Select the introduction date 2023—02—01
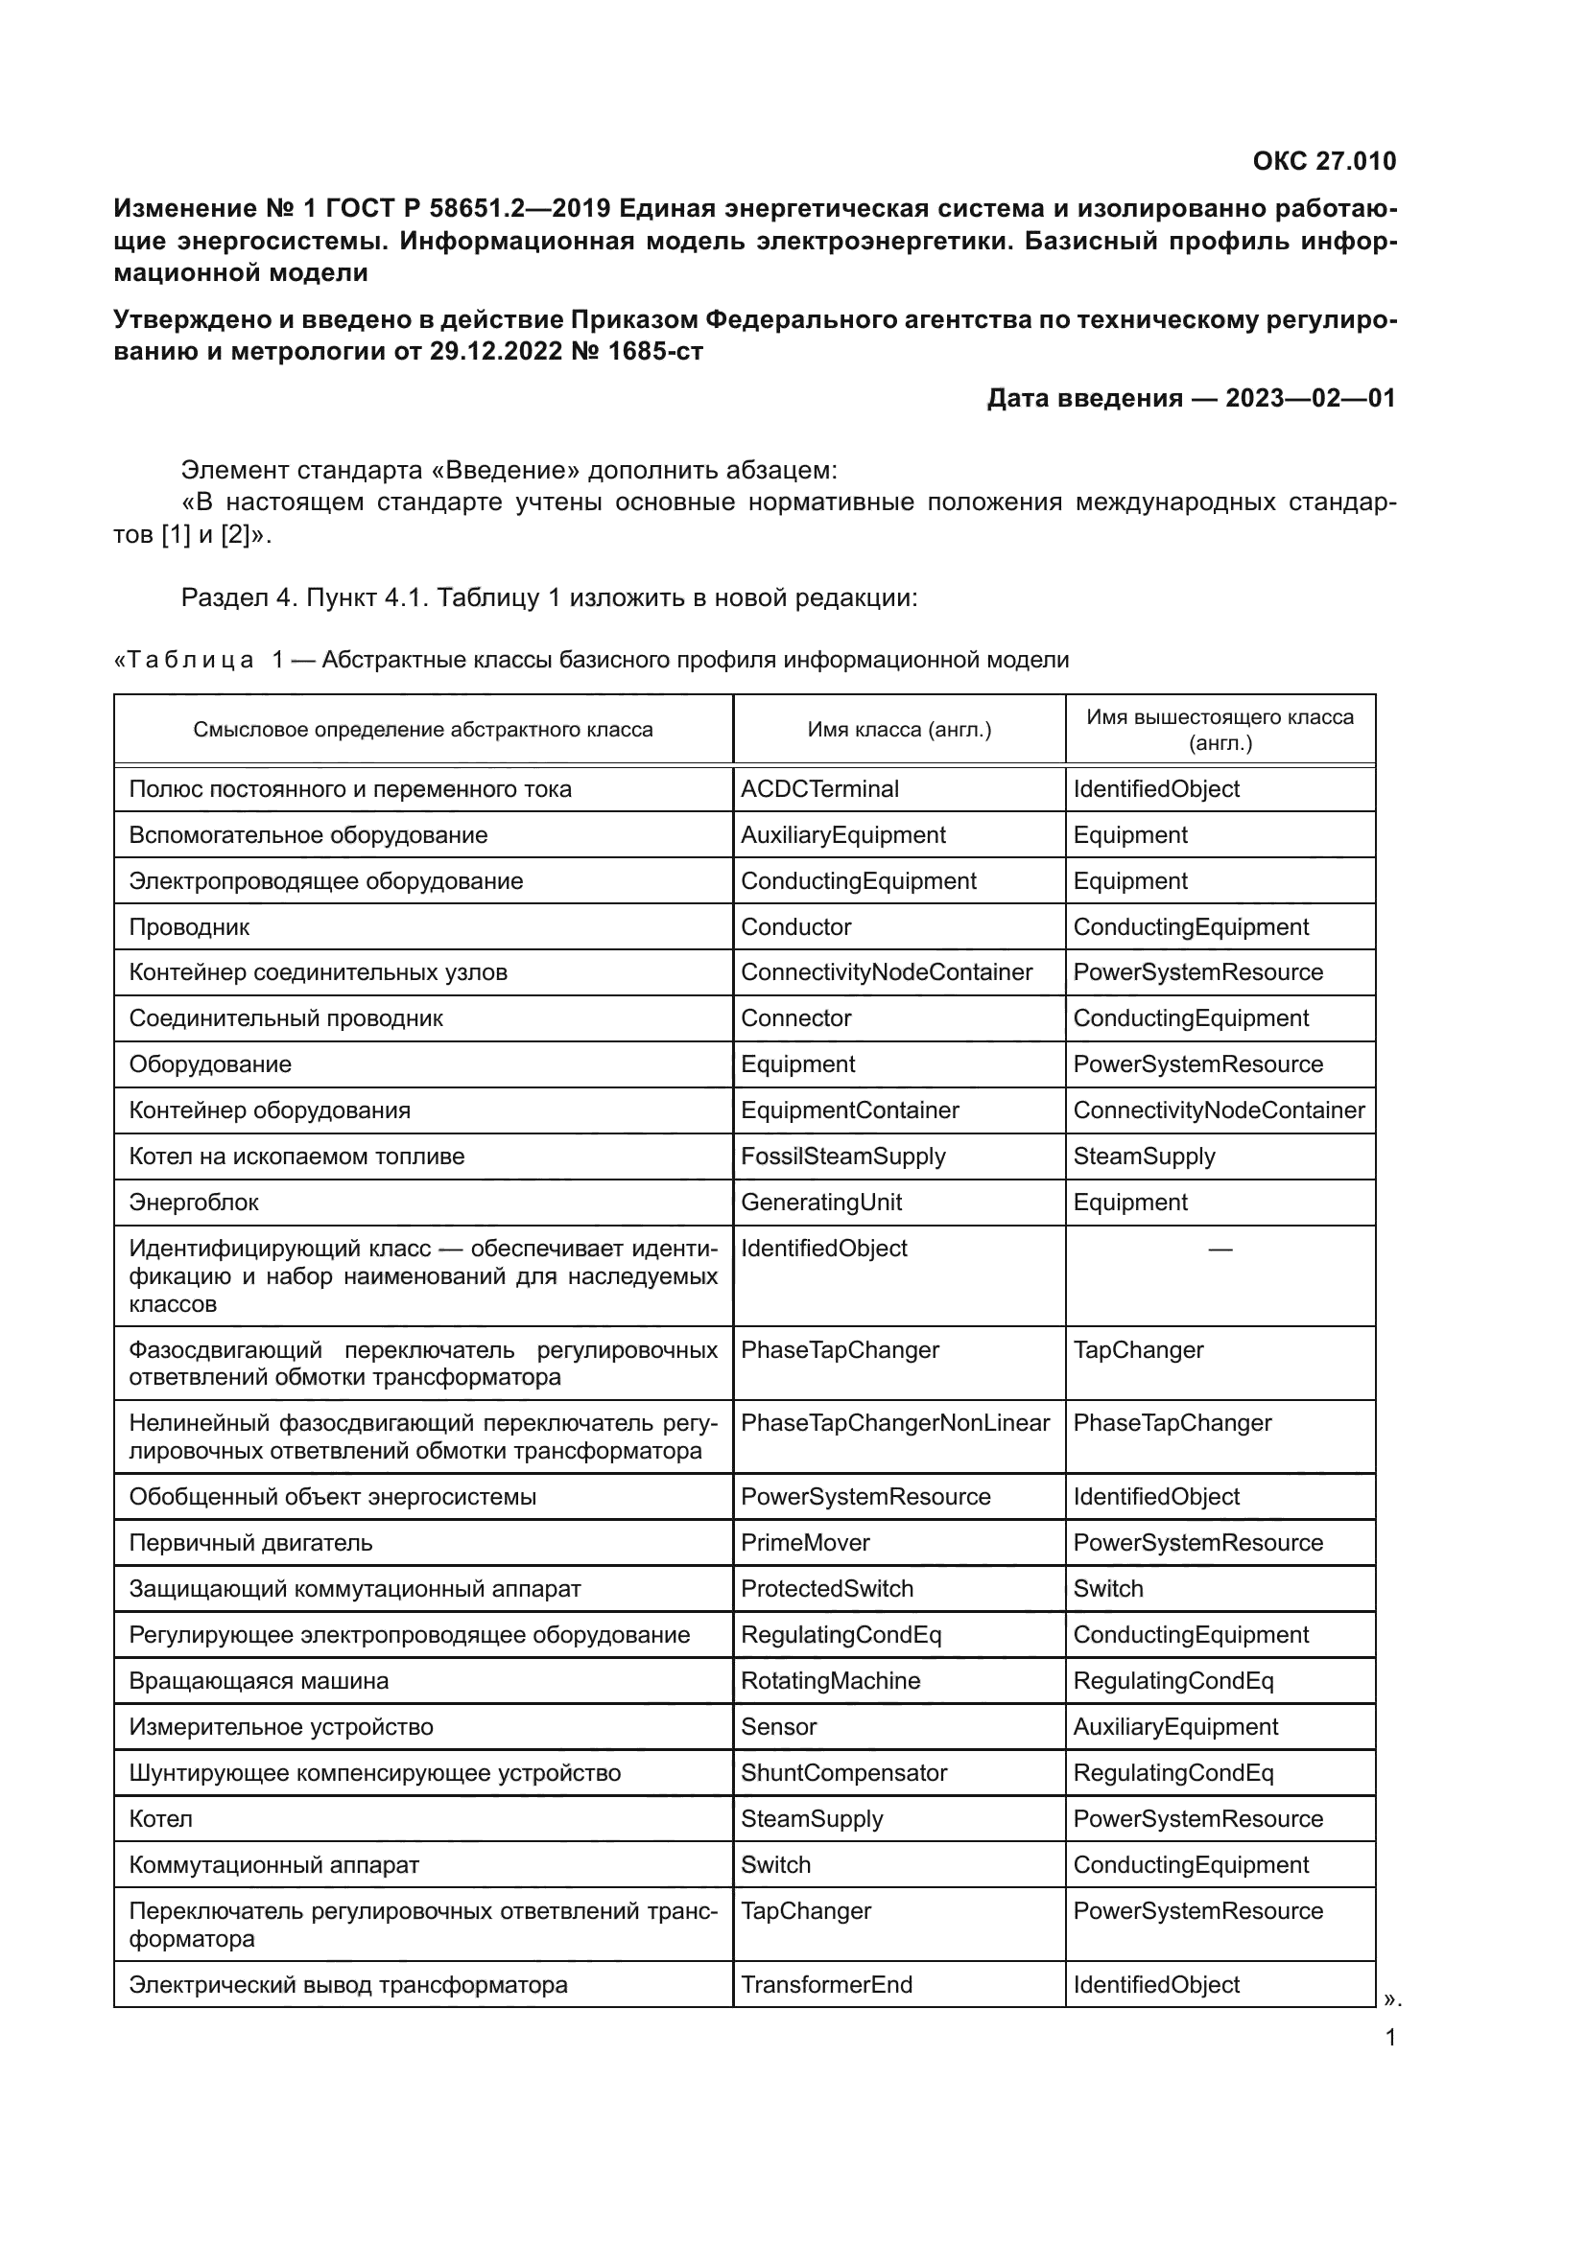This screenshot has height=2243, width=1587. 1311,399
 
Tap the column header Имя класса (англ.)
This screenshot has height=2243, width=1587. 898,730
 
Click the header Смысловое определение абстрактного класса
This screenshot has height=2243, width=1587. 422,730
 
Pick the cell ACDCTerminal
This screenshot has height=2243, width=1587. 818,789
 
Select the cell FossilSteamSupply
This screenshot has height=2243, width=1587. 842,1157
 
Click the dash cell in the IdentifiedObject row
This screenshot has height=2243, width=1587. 1220,1250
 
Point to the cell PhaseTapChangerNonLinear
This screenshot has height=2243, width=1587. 894,1423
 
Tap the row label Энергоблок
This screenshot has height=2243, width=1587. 194,1203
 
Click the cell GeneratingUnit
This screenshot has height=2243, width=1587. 821,1203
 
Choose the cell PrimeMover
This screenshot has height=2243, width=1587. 804,1543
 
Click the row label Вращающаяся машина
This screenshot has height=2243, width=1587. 258,1680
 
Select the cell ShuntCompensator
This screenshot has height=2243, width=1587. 843,1773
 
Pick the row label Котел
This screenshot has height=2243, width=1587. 160,1819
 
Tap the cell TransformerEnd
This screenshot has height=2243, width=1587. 826,1985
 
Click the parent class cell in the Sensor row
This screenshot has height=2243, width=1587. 1174,1727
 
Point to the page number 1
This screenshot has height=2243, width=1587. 1389,2038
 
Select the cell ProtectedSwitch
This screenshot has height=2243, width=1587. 826,1588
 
